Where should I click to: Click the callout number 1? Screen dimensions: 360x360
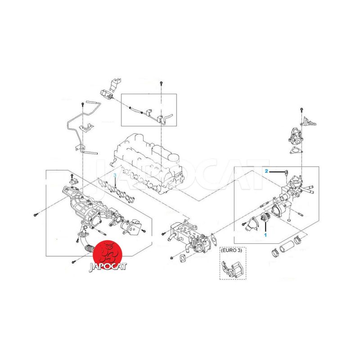[x=265, y=235]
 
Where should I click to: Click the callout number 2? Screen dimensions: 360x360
[x=266, y=171]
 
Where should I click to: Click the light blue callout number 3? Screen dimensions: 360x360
[x=115, y=175]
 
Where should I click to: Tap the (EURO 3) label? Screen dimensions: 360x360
[x=231, y=250]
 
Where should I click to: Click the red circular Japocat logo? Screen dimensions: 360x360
[x=107, y=254]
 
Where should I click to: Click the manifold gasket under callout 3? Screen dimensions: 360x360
[x=116, y=189]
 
